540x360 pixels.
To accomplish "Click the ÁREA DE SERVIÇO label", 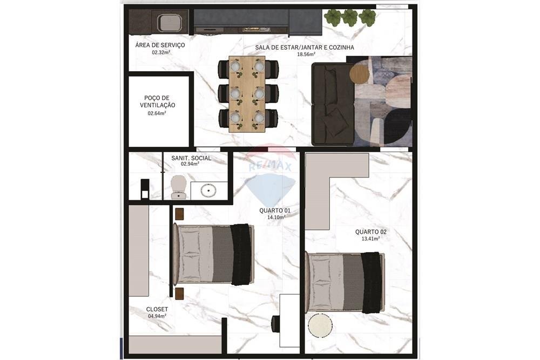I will pos(160,45).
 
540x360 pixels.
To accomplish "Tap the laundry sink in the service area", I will pos(169,23).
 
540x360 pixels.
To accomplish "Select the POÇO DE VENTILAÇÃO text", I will pos(158,101).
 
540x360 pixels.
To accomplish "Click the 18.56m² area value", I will pos(306,55).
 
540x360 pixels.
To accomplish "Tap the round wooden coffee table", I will pos(359,73).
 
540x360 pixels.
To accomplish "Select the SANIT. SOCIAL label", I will pos(191,158).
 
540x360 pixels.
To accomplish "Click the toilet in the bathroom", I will pos(178,187).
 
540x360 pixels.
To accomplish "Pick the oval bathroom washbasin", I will pos(208,190).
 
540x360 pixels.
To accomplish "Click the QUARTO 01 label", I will pos(275,210).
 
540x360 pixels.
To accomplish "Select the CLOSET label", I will pos(157,309).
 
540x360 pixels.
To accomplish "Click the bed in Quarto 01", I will pos(213,254).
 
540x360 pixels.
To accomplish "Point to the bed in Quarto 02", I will pos(345,282).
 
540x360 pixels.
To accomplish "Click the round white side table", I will pos(320,326).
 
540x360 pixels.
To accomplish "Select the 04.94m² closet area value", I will pos(157,316).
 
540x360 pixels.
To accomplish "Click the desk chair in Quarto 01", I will pos(275,324).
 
